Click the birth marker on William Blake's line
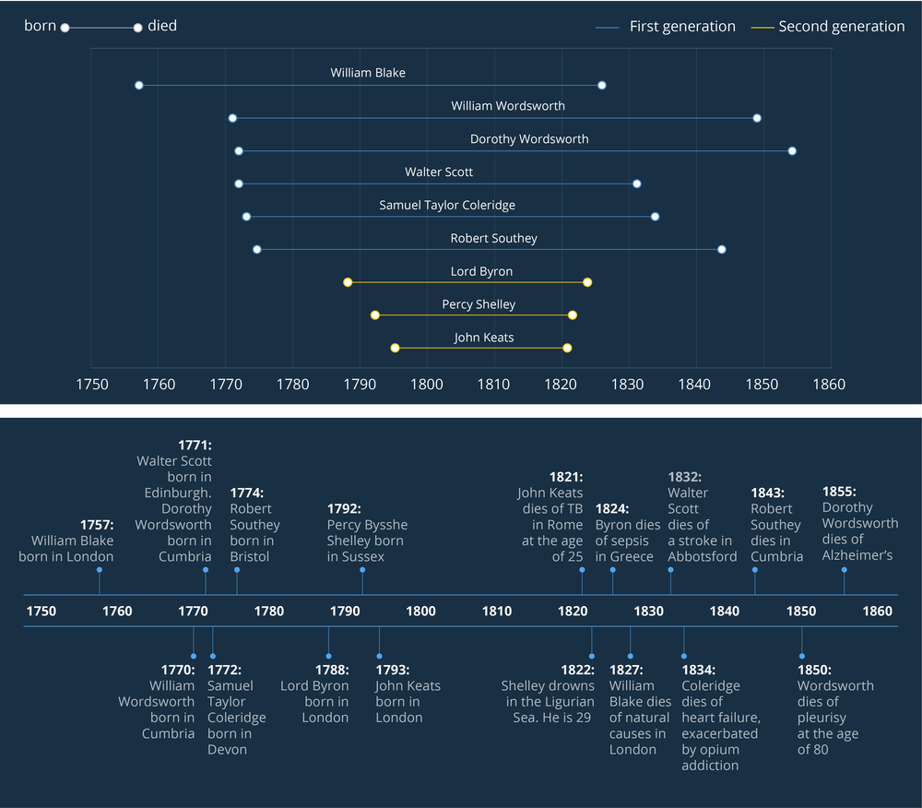point(139,85)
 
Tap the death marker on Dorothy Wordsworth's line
point(792,150)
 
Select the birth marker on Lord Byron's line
point(348,282)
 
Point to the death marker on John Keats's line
point(567,348)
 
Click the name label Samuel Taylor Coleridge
point(447,205)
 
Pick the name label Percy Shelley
point(479,304)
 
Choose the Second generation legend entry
point(841,27)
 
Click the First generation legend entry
point(681,27)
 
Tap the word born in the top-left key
point(41,26)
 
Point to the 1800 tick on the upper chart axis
point(427,384)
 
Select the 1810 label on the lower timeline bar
point(497,611)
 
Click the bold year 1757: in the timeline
point(97,525)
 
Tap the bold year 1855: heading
point(839,492)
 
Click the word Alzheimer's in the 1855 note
point(858,555)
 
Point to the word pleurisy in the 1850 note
point(822,718)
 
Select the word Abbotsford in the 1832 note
point(703,556)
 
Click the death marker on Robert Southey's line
point(722,249)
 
